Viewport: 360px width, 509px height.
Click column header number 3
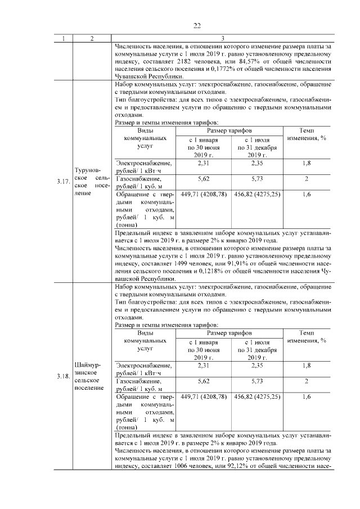tap(223, 38)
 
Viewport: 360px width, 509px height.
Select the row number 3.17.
tap(62, 181)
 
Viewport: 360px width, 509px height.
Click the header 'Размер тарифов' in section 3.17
tap(228, 130)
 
